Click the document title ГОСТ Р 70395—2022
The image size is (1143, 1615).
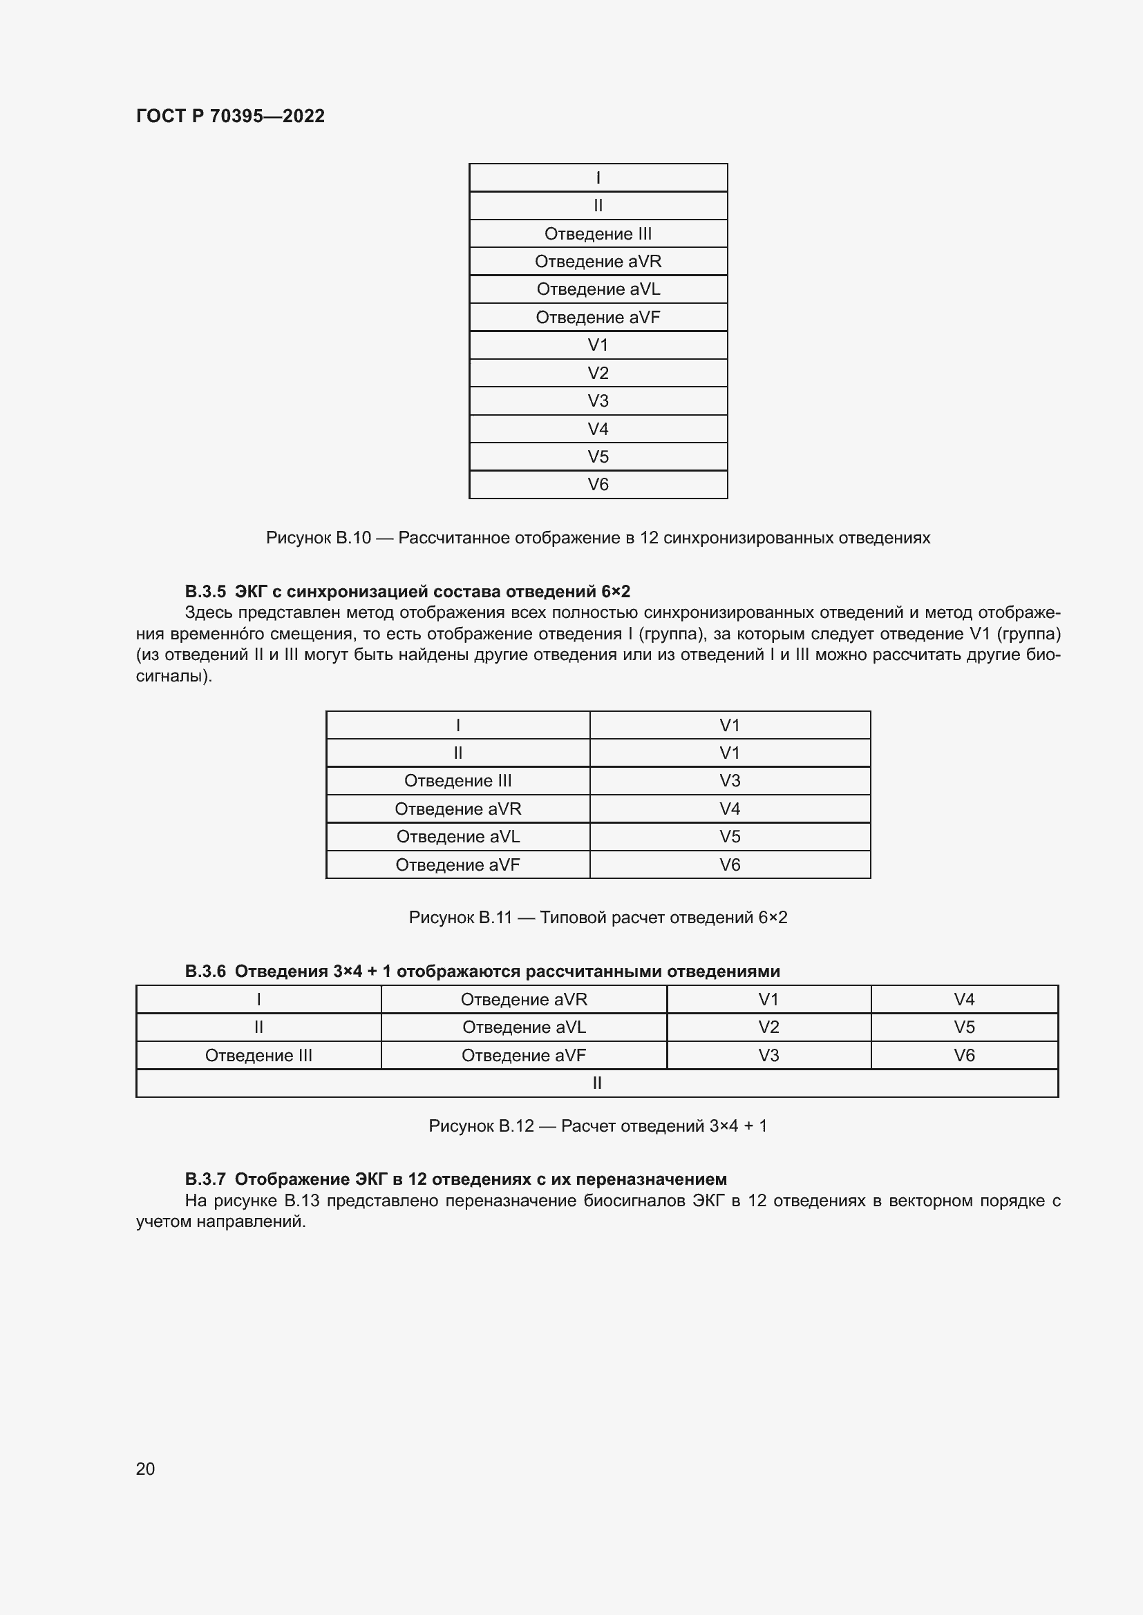coord(230,116)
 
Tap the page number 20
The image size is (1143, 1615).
coord(145,1468)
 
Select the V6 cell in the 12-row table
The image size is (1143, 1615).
coord(598,485)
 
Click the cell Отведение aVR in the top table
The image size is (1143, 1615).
coord(598,262)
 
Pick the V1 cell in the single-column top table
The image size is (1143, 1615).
coord(598,345)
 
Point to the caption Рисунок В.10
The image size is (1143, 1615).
coord(598,538)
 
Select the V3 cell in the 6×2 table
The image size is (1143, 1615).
coord(729,781)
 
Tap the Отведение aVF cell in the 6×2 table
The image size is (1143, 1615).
coord(457,865)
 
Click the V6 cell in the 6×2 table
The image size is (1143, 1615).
coord(729,865)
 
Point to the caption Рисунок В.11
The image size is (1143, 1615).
coord(598,918)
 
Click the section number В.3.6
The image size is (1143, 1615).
coord(205,971)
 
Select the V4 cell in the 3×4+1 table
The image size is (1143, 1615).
coord(963,1000)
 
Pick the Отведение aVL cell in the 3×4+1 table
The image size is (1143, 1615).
coord(524,1027)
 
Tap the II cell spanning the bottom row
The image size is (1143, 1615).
coord(596,1083)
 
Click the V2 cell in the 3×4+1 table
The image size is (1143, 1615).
coord(768,1027)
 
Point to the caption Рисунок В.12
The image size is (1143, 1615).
coord(598,1126)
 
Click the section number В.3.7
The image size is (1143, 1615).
coord(205,1179)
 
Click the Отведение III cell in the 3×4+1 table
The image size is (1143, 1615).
coord(258,1056)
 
